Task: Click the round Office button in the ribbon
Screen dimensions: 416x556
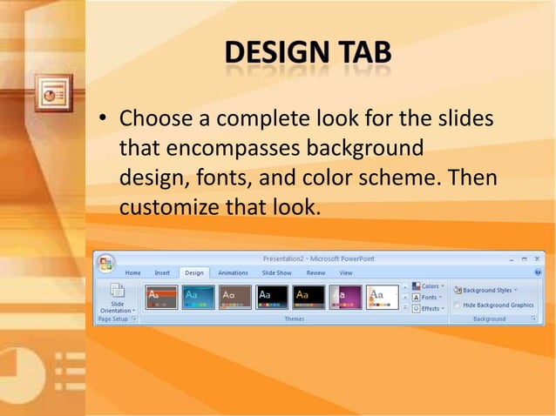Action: tap(106, 263)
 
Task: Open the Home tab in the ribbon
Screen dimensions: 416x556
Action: tap(132, 272)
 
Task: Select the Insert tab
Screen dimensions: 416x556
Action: tap(162, 272)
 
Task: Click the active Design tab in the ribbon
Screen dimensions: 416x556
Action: tap(193, 272)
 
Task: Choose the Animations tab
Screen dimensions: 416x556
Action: tap(233, 272)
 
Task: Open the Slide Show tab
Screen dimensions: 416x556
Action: tap(277, 272)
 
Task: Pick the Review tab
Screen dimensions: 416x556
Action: tap(315, 272)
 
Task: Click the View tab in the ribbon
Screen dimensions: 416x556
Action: tap(346, 272)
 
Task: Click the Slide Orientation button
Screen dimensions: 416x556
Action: tap(117, 298)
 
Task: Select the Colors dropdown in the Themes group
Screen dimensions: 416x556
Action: tap(428, 286)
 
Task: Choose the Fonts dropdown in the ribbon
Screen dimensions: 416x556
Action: tap(428, 298)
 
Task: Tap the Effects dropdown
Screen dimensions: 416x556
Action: tap(428, 308)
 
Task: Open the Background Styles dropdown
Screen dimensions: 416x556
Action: tap(485, 290)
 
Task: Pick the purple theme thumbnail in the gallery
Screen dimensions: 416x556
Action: tap(346, 298)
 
